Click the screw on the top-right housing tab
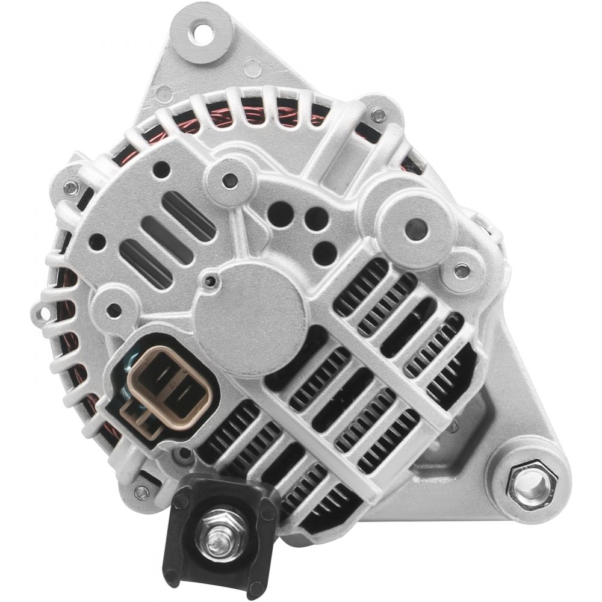click(377, 113)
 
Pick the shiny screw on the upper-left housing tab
click(73, 188)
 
